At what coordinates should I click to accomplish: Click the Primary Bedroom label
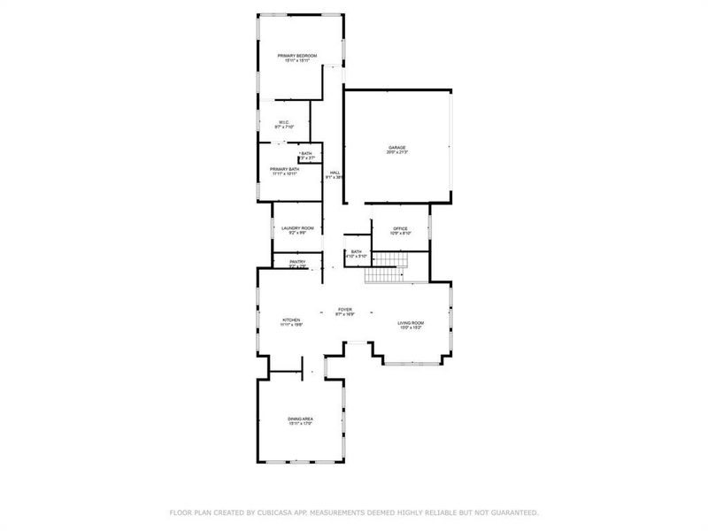pos(297,56)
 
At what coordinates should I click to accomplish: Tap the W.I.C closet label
pos(283,122)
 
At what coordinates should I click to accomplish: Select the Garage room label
pos(396,147)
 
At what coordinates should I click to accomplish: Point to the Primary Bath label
pos(284,168)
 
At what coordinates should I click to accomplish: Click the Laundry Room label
pos(297,228)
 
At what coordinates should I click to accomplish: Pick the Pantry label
pos(297,261)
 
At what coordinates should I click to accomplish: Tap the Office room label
pos(400,228)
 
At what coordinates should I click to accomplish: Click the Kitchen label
pos(291,319)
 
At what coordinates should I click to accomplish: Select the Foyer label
pos(345,310)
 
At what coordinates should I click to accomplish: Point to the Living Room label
pos(411,323)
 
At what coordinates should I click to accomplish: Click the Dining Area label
pos(300,419)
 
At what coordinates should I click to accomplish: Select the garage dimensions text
pos(396,152)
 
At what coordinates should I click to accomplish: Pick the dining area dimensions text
pos(300,424)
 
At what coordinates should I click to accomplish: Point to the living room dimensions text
pos(411,328)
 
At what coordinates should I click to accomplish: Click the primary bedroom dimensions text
pos(297,61)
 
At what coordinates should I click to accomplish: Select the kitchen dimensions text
pos(291,325)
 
